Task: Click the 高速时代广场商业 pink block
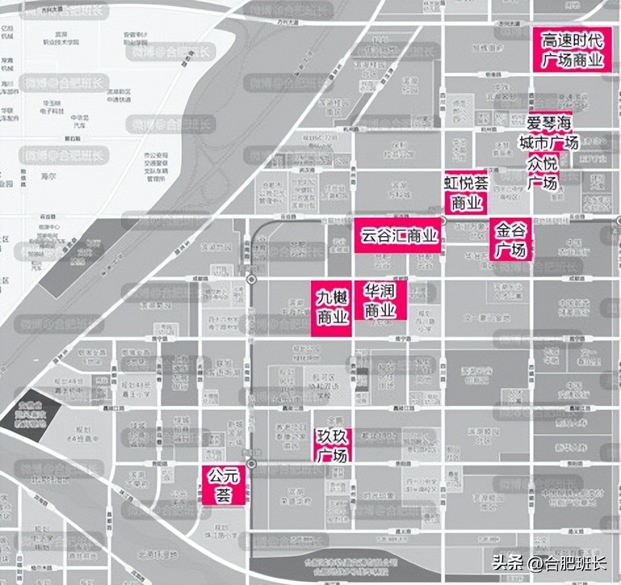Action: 572,50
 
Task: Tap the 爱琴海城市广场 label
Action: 549,133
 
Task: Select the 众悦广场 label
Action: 542,172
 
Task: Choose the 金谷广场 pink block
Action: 511,240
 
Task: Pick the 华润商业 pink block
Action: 381,301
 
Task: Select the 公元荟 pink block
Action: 223,485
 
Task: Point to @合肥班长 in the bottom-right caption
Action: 566,563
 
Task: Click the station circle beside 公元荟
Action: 250,464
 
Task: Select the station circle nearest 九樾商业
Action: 251,280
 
